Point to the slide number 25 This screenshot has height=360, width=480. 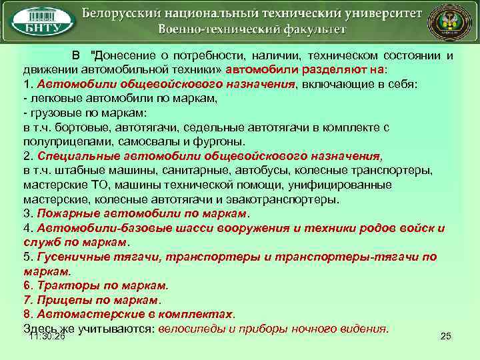(446, 337)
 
